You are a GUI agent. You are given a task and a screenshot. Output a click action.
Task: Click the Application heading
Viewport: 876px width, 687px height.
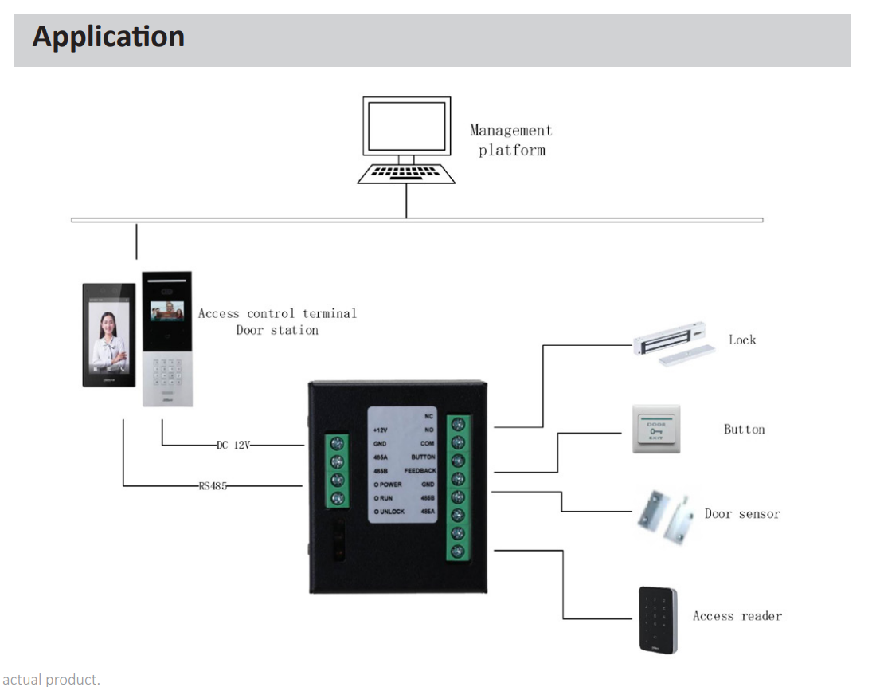[108, 37]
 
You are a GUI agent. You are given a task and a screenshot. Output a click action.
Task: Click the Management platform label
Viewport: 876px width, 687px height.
[510, 139]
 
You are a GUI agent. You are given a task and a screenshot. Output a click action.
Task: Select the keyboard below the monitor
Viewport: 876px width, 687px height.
[406, 173]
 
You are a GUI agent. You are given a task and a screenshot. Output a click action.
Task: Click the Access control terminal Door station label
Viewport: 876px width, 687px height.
[277, 321]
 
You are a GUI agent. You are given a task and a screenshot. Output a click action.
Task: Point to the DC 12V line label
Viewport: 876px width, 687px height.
[233, 446]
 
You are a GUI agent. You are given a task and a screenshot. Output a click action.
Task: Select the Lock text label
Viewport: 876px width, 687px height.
[741, 340]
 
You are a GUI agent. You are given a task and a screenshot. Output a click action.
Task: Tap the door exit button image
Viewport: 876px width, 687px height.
[656, 430]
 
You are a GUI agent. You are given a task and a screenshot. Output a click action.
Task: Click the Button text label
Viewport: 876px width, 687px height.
[744, 430]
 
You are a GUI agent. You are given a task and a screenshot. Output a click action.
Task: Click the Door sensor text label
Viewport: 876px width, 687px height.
[742, 514]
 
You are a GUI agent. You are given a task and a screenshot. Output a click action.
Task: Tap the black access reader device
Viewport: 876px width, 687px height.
[657, 620]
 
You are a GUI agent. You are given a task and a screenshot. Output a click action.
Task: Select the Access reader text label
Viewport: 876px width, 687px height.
[737, 616]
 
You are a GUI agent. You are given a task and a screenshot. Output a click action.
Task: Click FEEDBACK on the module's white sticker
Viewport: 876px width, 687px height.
[420, 471]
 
